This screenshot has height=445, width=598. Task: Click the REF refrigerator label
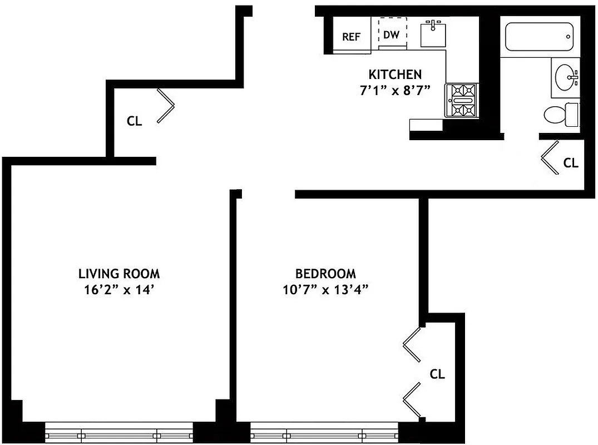[x=351, y=37]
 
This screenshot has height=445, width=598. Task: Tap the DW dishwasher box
[x=392, y=34]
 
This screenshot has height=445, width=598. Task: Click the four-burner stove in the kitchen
[x=461, y=100]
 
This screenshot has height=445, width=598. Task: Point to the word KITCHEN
[x=395, y=74]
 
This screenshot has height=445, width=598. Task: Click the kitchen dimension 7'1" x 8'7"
[x=395, y=90]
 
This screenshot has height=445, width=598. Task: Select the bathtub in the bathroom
[x=538, y=37]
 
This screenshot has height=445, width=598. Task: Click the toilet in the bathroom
[x=559, y=115]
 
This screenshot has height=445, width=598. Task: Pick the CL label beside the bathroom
[x=571, y=163]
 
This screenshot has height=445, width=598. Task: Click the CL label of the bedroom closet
[x=438, y=374]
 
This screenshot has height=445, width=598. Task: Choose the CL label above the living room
[x=134, y=121]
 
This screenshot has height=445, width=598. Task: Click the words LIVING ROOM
[x=119, y=274]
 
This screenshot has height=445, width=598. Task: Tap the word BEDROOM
[x=325, y=274]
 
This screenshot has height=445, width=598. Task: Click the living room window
[x=119, y=433]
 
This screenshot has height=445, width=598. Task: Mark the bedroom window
[x=325, y=433]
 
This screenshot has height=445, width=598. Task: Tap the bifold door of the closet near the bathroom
[x=550, y=157]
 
